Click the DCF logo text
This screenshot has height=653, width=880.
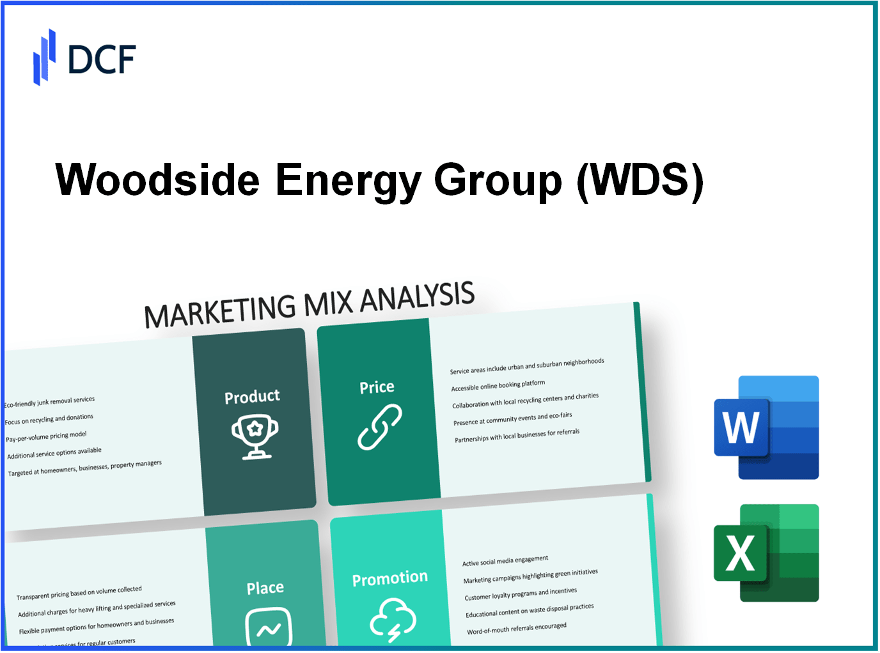point(102,59)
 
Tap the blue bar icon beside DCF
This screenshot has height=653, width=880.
point(44,58)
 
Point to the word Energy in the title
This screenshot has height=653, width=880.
point(347,181)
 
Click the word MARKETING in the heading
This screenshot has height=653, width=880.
point(219,311)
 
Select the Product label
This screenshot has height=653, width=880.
point(252,397)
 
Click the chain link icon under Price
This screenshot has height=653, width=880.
point(379,427)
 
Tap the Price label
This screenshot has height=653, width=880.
point(377,387)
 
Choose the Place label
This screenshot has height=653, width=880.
point(265,588)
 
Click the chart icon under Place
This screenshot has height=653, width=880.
point(269,627)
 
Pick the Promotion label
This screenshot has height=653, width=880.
point(389,578)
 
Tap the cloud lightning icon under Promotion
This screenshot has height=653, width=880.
point(393,618)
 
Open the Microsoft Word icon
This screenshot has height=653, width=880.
point(766,427)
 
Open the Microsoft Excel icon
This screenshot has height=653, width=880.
point(766,553)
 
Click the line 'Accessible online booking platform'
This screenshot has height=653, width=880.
point(498,385)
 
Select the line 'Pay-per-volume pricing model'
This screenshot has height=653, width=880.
point(46,437)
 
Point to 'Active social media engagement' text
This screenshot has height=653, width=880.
point(505,560)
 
